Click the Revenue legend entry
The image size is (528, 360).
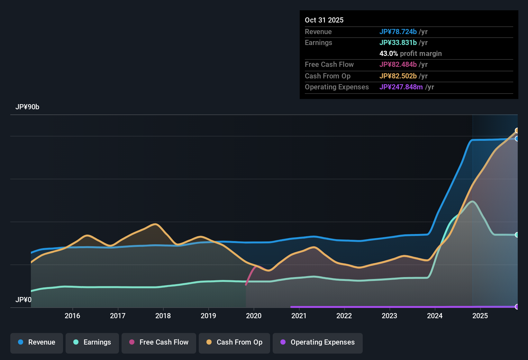click(37, 342)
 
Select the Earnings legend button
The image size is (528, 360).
click(92, 342)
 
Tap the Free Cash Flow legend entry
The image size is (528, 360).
click(159, 342)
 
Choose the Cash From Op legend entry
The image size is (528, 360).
click(234, 342)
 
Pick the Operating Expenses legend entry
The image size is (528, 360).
click(317, 342)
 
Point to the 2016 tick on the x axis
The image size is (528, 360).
click(72, 316)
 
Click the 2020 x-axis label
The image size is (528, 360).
click(254, 316)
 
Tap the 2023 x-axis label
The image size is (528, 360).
click(389, 316)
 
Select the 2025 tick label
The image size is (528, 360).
click(480, 316)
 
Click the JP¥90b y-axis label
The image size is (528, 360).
click(27, 107)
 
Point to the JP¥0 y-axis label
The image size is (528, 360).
click(23, 300)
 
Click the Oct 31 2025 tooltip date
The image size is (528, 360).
click(324, 20)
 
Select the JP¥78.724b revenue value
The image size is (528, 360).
click(398, 32)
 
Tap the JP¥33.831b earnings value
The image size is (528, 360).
click(398, 42)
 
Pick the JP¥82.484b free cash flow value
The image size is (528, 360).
click(398, 64)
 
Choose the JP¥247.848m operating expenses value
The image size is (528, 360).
click(401, 87)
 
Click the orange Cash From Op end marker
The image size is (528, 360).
click(517, 130)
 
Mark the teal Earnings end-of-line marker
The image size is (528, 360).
click(517, 235)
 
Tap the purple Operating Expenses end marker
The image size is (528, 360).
click(517, 307)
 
